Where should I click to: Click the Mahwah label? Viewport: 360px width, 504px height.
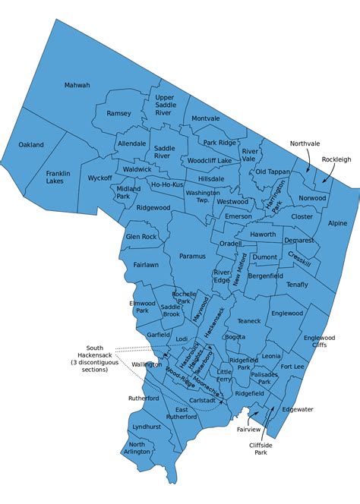pyautogui.click(x=77, y=85)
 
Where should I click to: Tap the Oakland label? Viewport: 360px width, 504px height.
pyautogui.click(x=31, y=144)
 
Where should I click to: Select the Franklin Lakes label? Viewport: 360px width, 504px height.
pyautogui.click(x=58, y=177)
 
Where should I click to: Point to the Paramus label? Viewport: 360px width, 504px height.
pyautogui.click(x=192, y=257)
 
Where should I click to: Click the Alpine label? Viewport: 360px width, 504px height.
pyautogui.click(x=337, y=224)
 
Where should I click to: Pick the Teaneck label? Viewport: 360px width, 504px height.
pyautogui.click(x=248, y=321)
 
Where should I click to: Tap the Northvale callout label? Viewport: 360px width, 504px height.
pyautogui.click(x=305, y=143)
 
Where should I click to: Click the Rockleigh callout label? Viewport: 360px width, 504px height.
pyautogui.click(x=336, y=159)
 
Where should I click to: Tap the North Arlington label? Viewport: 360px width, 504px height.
pyautogui.click(x=137, y=449)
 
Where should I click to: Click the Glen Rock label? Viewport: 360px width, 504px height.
pyautogui.click(x=141, y=237)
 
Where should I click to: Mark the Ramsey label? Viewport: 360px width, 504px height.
pyautogui.click(x=118, y=113)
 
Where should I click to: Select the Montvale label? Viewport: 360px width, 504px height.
pyautogui.click(x=205, y=118)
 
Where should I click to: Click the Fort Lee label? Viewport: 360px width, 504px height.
pyautogui.click(x=292, y=367)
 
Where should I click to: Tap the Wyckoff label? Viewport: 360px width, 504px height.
pyautogui.click(x=100, y=178)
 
